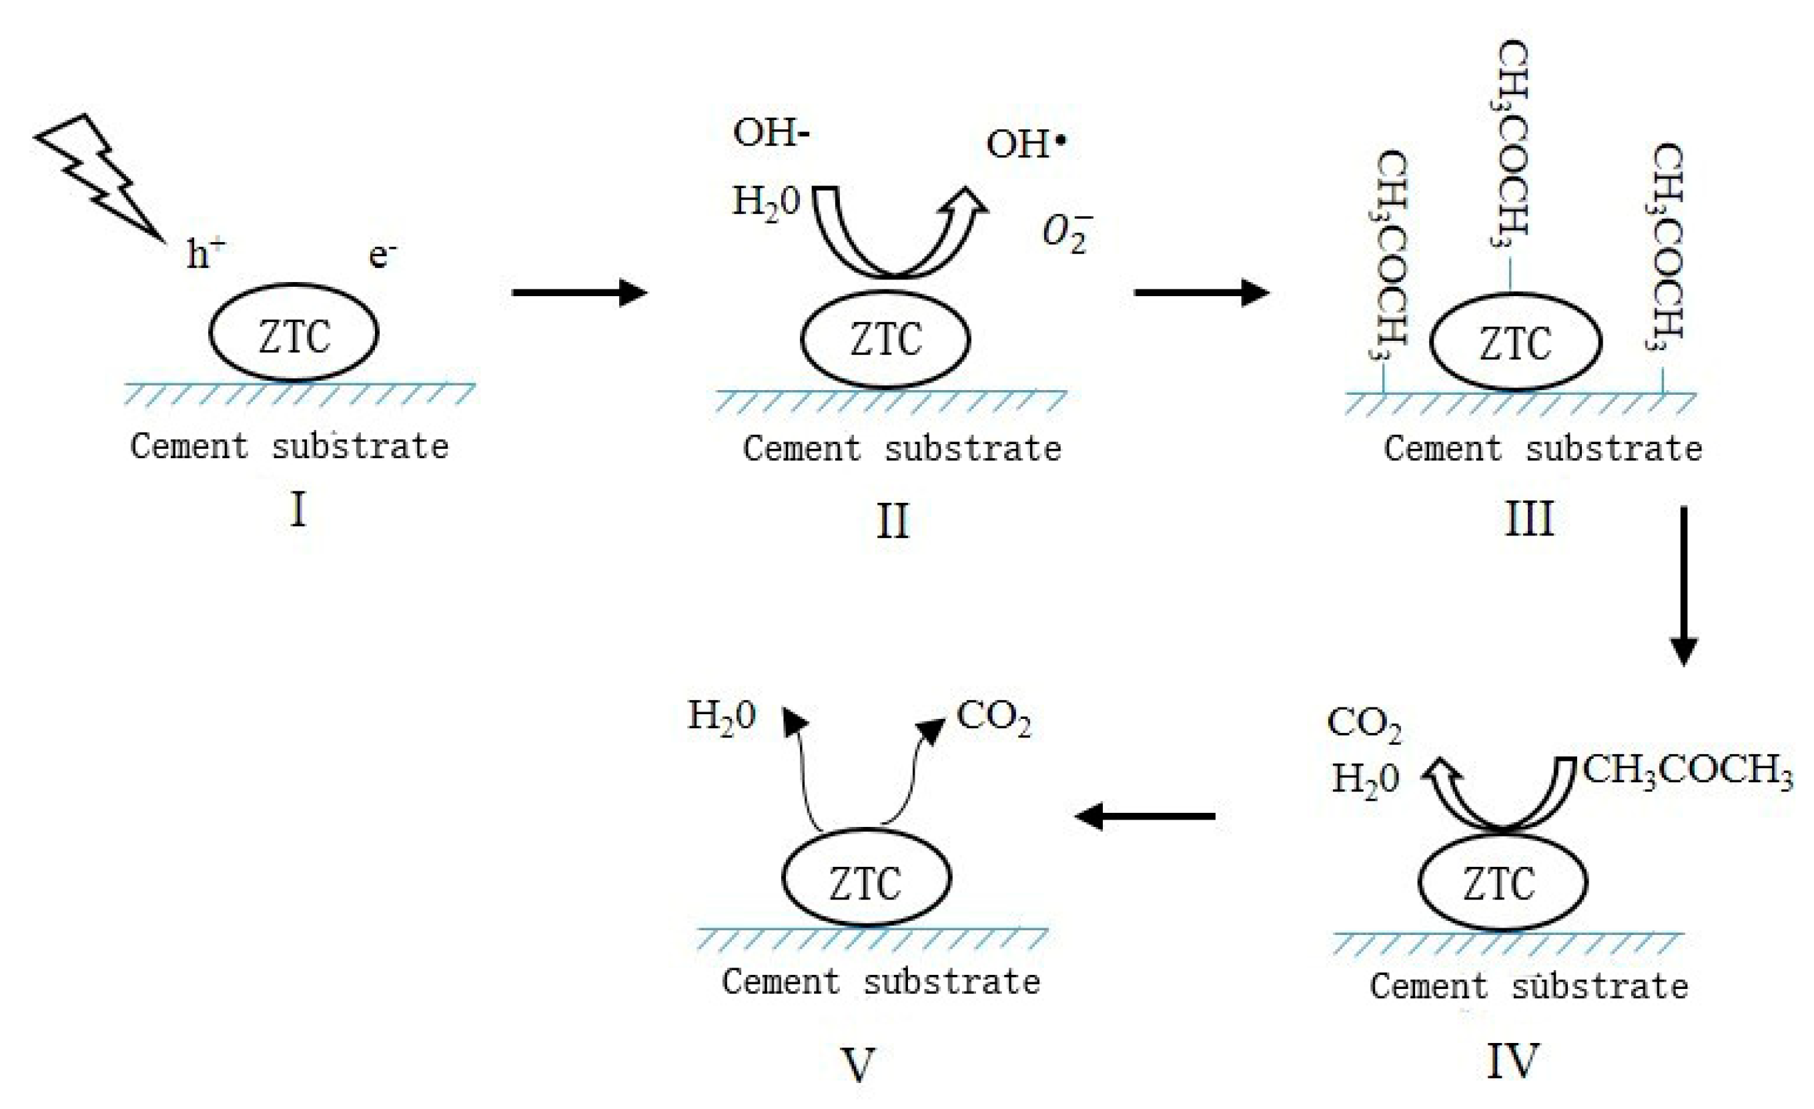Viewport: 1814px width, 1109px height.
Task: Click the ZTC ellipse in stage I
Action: click(294, 333)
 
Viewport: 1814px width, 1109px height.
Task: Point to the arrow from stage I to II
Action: click(578, 292)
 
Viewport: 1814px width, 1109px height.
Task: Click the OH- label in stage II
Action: click(770, 133)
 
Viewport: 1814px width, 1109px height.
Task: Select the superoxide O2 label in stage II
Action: click(1065, 233)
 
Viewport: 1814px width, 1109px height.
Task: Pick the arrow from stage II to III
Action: click(1201, 292)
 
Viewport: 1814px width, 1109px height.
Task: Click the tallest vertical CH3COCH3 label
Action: click(1512, 143)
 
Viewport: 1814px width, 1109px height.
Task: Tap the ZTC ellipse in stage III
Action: click(1516, 343)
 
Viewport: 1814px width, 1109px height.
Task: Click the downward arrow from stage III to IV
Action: click(1684, 585)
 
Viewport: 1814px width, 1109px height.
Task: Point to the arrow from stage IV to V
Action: click(1145, 816)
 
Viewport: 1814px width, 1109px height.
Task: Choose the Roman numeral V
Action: click(859, 1062)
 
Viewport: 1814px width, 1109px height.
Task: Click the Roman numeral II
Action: click(892, 521)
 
